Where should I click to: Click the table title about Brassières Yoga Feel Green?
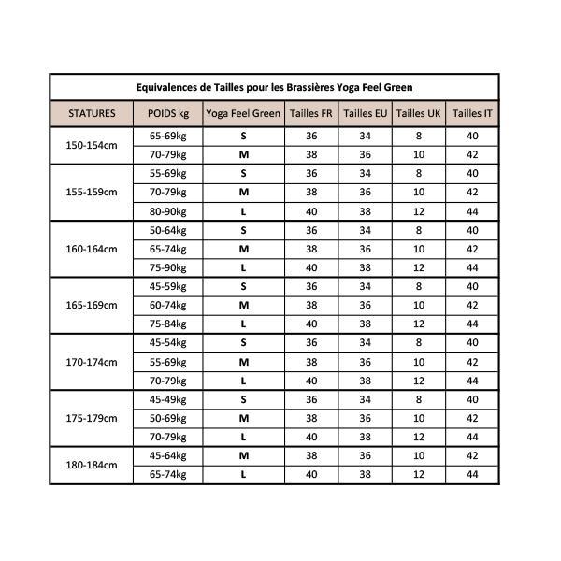point(274,87)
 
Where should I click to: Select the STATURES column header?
point(92,113)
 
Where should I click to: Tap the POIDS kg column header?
point(168,113)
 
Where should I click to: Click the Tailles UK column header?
point(418,113)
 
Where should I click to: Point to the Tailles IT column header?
point(472,113)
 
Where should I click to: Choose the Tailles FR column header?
point(311,113)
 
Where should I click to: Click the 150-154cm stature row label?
point(92,145)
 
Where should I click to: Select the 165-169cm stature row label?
point(92,305)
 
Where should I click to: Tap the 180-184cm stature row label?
point(92,465)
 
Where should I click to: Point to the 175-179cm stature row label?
point(92,418)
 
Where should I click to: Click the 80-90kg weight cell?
point(168,211)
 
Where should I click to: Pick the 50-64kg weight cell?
point(168,230)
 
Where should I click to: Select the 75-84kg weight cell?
point(168,324)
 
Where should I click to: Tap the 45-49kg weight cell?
point(168,399)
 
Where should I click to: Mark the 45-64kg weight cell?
point(168,455)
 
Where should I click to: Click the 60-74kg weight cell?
point(168,305)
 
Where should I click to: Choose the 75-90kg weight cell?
point(168,267)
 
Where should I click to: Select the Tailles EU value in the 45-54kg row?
point(366,342)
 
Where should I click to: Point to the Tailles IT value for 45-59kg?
point(472,286)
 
